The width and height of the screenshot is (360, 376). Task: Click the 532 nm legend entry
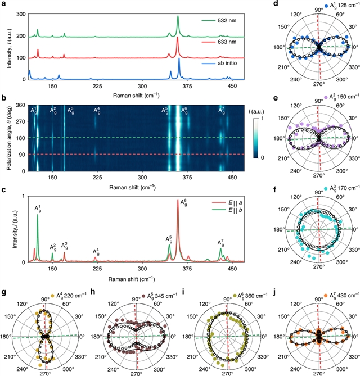tap(217, 20)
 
